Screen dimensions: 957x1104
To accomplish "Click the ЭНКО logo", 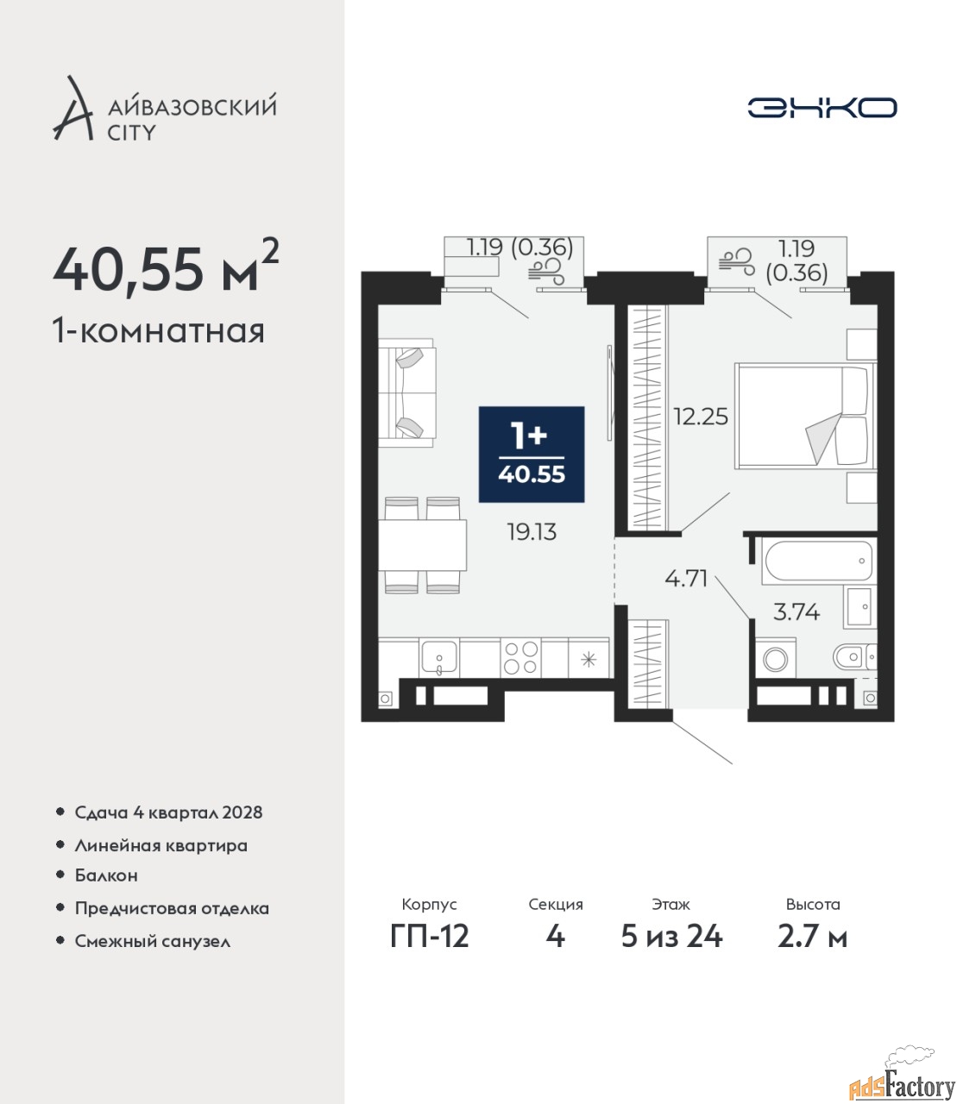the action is point(822,108).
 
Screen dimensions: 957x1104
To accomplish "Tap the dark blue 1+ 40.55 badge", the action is point(531,455).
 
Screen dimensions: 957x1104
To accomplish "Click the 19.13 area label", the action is point(532,532).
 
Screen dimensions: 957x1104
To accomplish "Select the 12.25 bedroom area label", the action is point(701,417).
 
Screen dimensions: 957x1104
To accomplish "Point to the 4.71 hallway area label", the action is point(686,578).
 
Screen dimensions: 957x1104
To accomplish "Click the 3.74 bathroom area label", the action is point(796,612).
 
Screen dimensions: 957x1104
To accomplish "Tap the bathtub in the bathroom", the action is point(818,561).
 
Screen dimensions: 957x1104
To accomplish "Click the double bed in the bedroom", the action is point(805,416).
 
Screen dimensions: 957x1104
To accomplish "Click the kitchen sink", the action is point(438,657).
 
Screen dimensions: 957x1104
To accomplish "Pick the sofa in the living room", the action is point(406,392).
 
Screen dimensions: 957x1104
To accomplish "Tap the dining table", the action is point(423,545).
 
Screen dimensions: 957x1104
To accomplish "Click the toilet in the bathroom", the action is point(854,657).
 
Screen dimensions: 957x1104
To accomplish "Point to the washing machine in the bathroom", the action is point(775,659).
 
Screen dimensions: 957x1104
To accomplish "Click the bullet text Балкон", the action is point(106,875).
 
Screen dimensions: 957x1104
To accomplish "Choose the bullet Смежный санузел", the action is point(153,941).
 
